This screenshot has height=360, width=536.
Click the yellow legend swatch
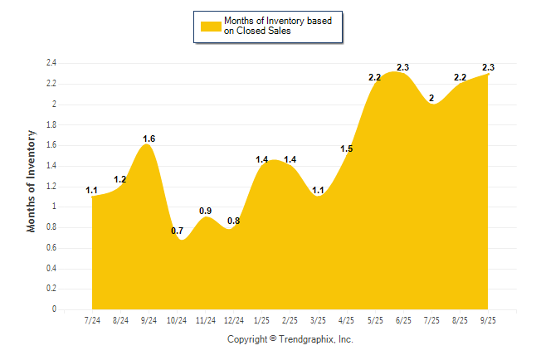[211, 26]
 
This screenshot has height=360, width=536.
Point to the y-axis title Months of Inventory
[32, 180]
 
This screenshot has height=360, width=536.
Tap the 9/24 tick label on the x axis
[149, 320]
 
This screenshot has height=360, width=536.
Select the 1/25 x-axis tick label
[262, 320]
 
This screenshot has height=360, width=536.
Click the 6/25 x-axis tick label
[403, 320]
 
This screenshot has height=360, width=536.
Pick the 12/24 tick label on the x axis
[234, 320]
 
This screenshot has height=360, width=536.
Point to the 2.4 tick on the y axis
[51, 63]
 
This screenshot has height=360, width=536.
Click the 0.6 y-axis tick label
[51, 247]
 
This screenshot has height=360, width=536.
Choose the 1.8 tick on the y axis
[51, 124]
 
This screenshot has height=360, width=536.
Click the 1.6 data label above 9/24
[149, 139]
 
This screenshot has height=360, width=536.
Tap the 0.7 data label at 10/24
[177, 230]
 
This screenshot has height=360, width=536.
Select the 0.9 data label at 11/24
[205, 210]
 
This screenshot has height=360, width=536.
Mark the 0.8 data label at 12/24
[234, 221]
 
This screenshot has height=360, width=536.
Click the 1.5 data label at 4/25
[347, 148]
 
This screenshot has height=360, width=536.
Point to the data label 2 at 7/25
[431, 98]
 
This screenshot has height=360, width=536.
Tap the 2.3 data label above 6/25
[403, 67]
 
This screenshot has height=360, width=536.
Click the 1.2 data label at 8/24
[120, 179]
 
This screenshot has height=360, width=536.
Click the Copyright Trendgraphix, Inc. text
[290, 339]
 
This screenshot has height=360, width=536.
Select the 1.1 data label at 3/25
[319, 190]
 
